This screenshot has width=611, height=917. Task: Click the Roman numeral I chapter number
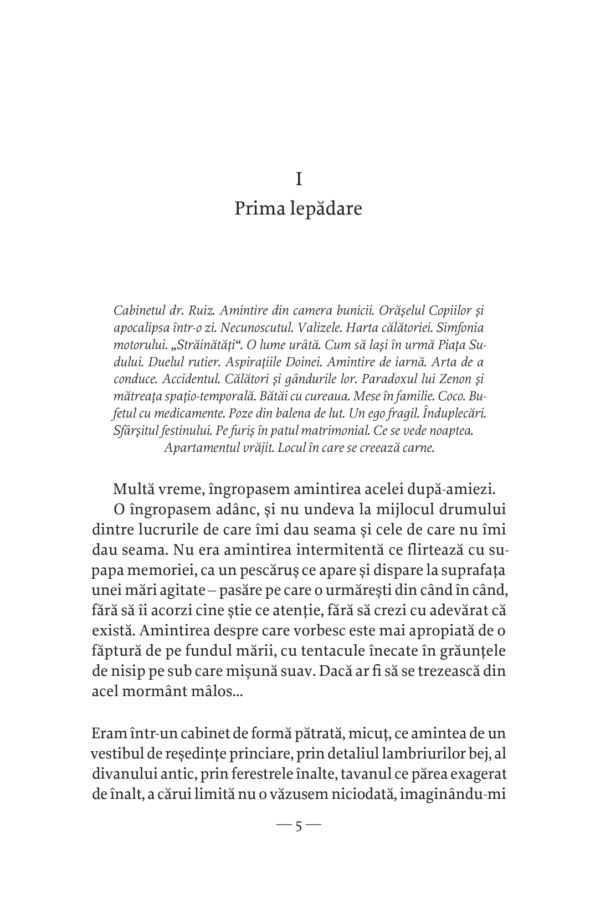(299, 180)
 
